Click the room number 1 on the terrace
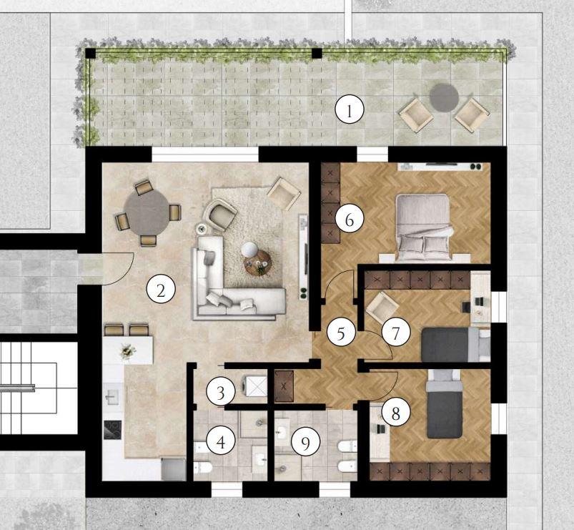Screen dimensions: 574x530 click(x=350, y=109)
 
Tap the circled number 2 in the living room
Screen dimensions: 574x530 click(x=161, y=290)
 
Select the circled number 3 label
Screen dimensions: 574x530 click(x=220, y=393)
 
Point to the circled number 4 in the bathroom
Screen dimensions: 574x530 click(x=221, y=442)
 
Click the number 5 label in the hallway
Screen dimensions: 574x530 click(x=341, y=334)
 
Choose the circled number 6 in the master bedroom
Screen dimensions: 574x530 click(x=350, y=220)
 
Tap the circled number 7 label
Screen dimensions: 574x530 click(x=396, y=333)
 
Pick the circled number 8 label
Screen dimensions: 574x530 click(x=396, y=414)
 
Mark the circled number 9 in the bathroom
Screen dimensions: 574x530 click(x=305, y=443)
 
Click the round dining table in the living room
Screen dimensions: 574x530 click(x=147, y=213)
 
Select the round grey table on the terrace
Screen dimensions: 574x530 click(x=444, y=98)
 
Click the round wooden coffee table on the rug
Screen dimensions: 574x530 click(x=258, y=262)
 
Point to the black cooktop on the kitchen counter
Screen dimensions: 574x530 click(x=113, y=429)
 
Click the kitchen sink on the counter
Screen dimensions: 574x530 click(x=112, y=396)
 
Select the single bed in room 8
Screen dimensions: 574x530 click(x=444, y=403)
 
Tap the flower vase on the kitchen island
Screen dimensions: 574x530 click(x=128, y=352)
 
